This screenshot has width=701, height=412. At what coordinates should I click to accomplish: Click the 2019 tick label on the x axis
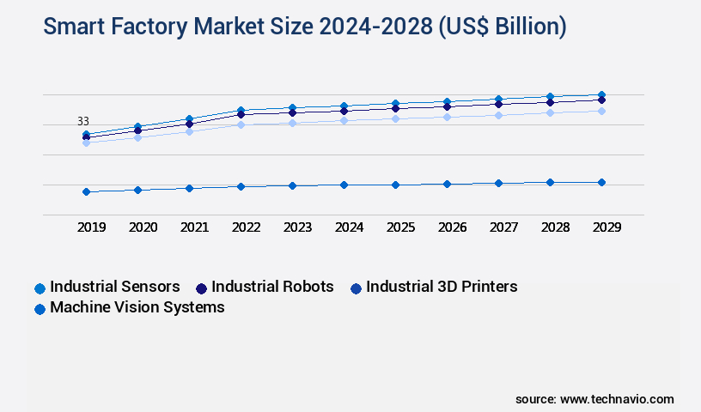pos(91,227)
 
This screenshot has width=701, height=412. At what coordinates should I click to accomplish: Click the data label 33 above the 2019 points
pos(83,122)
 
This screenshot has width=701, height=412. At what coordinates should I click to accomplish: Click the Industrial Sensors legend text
pos(115,287)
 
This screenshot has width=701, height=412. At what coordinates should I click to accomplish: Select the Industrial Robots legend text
pos(272,287)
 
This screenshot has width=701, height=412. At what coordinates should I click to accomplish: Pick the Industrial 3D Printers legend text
pos(442,287)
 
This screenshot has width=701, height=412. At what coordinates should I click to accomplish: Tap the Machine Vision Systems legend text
pos(137,307)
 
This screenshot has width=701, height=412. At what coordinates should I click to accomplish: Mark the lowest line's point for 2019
pos(86,191)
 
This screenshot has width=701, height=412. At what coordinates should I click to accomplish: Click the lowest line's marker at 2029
pos(601,182)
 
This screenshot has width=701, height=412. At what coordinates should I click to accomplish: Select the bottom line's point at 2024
pos(344,185)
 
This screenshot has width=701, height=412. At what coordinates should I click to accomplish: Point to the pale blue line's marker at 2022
pos(241,124)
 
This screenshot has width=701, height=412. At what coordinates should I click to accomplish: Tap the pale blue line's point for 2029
pos(601,111)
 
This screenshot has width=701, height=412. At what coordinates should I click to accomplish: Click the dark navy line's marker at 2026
pos(447,106)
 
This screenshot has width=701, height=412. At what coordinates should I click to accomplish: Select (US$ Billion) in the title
pos(502,27)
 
